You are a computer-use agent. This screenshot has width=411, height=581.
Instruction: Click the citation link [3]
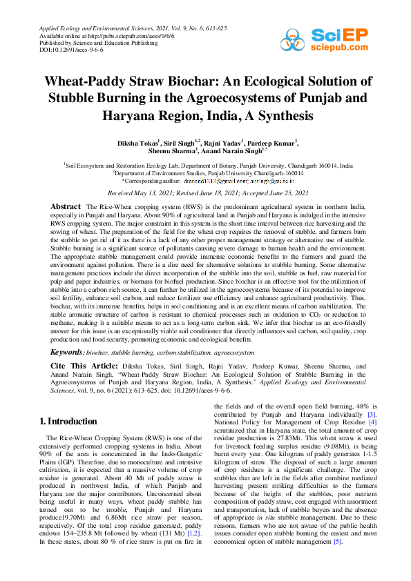pos(371,414)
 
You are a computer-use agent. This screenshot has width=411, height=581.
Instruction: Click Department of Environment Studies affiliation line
pos(207,173)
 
